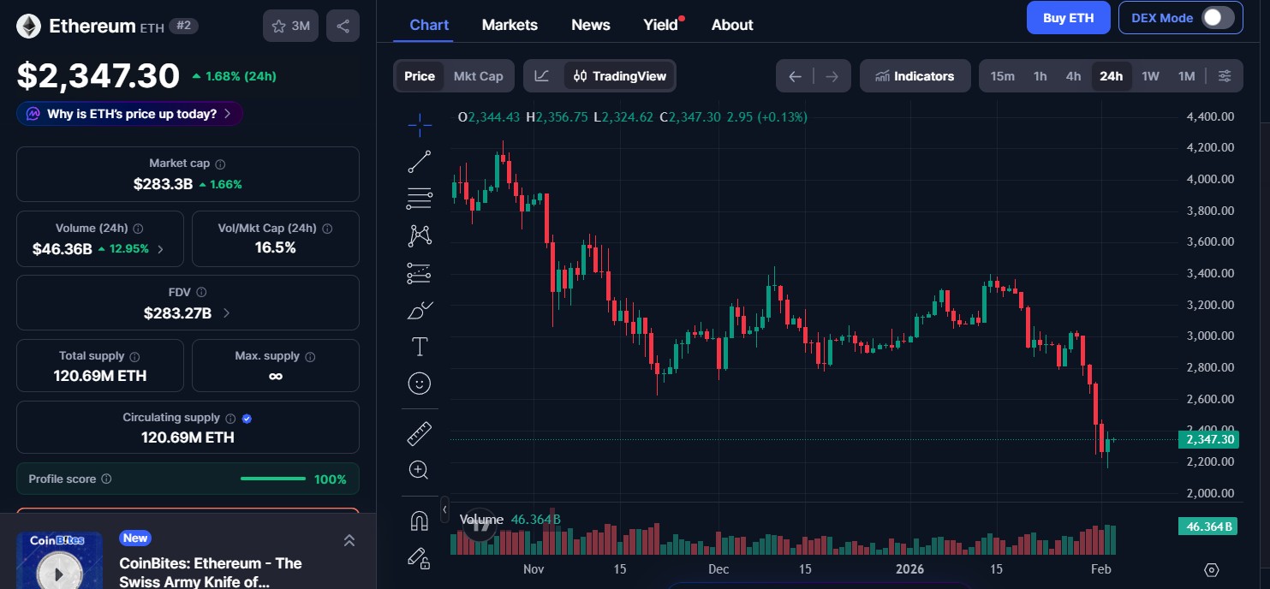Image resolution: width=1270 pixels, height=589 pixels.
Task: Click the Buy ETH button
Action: [x=1068, y=18]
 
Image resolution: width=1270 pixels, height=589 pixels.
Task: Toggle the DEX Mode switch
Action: [x=1217, y=18]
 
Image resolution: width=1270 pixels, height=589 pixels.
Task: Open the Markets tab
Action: [x=510, y=25]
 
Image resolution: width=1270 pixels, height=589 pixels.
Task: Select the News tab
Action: [x=591, y=25]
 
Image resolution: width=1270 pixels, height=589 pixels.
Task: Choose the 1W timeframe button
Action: [x=1150, y=76]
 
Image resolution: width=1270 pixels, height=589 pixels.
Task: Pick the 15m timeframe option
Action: [x=1002, y=76]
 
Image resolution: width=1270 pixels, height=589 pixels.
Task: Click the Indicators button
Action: [x=915, y=76]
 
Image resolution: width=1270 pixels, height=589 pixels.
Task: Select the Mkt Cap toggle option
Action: [x=478, y=76]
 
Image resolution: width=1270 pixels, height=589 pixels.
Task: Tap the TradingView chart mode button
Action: [x=619, y=76]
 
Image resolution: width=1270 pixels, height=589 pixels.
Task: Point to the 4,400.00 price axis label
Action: [x=1210, y=116]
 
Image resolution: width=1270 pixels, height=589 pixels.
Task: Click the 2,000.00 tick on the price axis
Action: [x=1210, y=493]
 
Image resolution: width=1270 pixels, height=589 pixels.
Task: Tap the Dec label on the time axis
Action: [x=718, y=569]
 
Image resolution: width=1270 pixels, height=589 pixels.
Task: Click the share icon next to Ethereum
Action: [x=343, y=26]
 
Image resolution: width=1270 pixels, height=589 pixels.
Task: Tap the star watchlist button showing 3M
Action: [x=290, y=26]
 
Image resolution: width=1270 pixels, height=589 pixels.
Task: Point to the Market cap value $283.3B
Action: [x=163, y=184]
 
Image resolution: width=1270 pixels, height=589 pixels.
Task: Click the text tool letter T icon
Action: [x=420, y=347]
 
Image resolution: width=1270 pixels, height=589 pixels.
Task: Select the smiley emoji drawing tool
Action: [x=420, y=384]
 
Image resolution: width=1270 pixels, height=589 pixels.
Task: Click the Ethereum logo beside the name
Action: [x=29, y=26]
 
